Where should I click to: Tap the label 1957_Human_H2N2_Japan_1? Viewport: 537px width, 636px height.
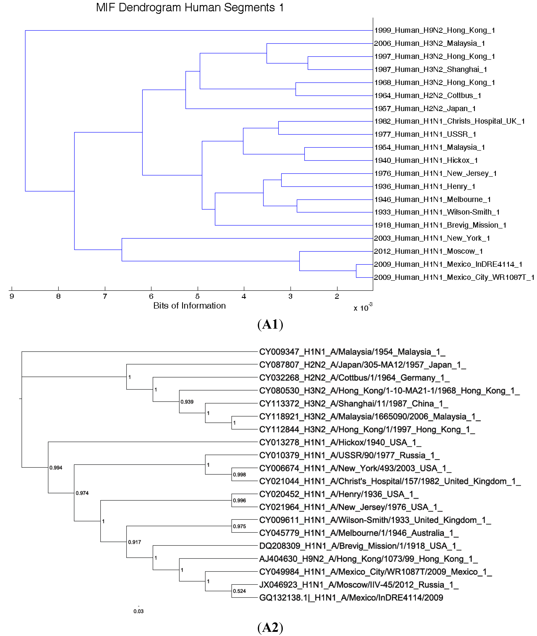coord(425,109)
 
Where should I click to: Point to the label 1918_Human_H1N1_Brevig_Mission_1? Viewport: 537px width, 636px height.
coord(440,225)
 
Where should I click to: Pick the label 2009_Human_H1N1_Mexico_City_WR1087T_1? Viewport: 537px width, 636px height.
coord(454,277)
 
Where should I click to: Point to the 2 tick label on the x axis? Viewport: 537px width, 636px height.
coord(337,296)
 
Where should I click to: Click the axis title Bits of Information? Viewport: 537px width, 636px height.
coord(189,306)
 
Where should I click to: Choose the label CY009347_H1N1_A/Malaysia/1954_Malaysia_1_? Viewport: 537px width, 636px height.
coord(352,352)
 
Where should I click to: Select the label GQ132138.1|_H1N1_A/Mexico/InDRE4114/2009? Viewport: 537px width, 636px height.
coord(351,598)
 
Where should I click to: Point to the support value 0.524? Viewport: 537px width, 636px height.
coord(239,591)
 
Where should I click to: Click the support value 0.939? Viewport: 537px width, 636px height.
coord(187,402)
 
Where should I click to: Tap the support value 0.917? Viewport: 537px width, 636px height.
coord(134,542)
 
